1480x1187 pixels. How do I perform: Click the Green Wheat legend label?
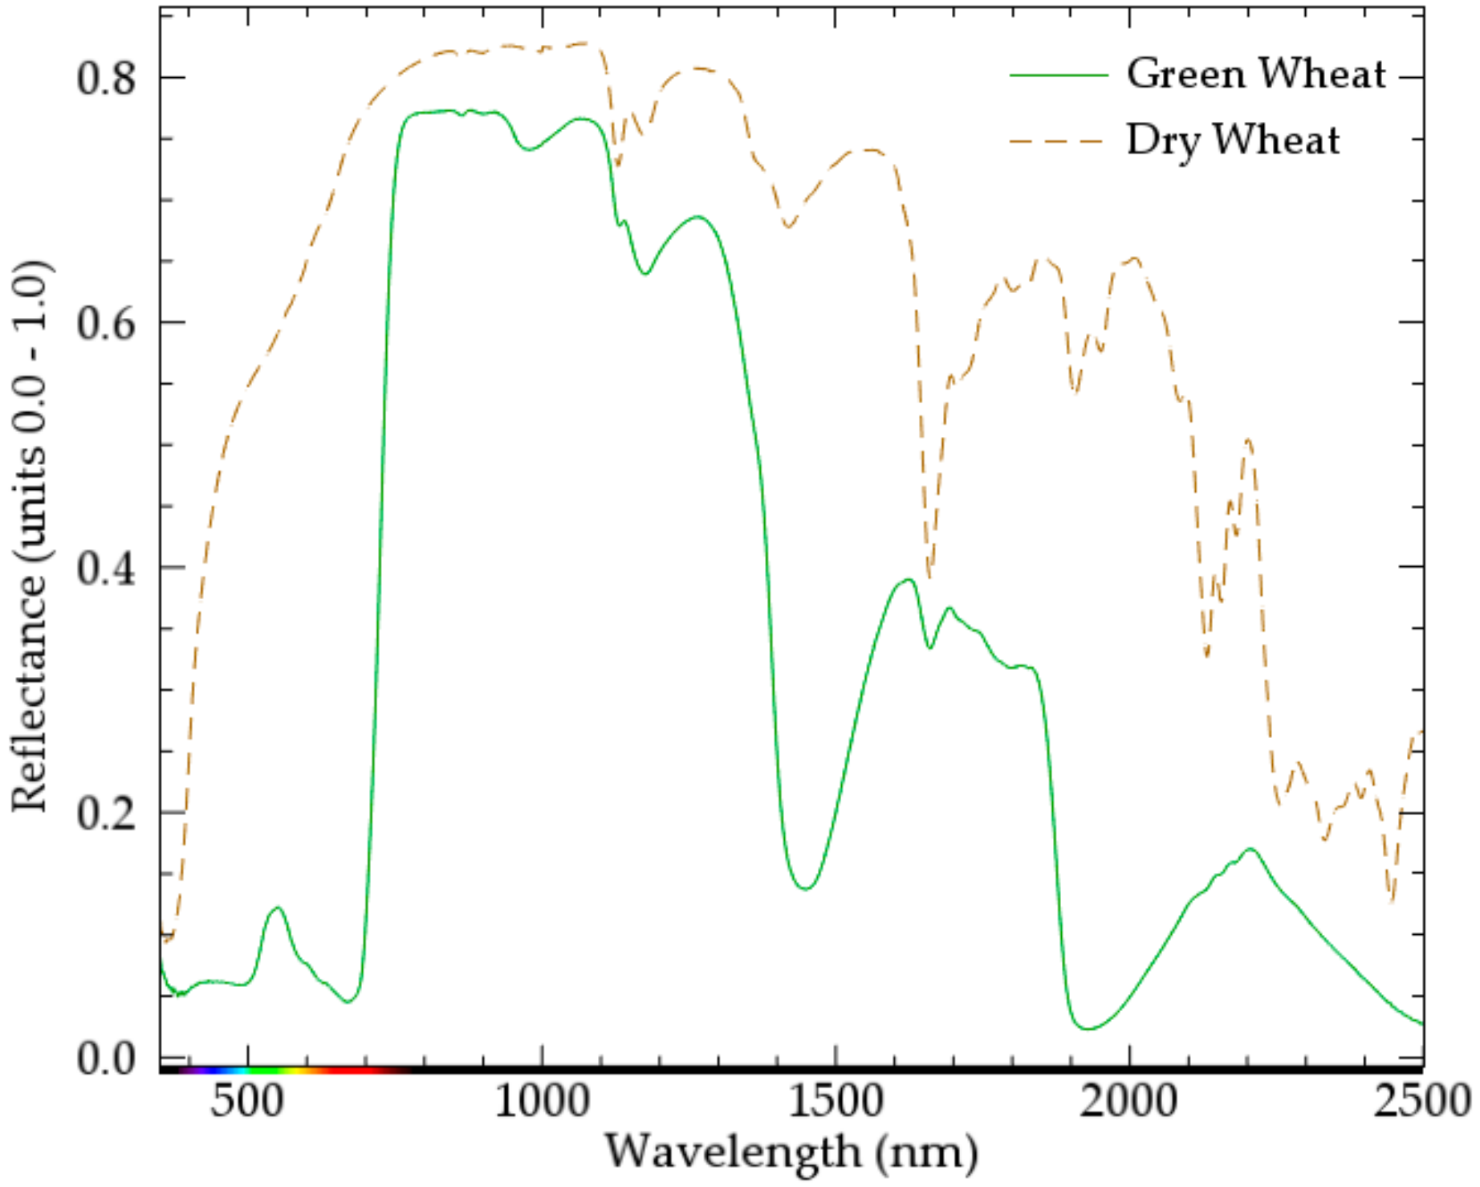(1255, 74)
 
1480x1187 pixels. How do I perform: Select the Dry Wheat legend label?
(1233, 141)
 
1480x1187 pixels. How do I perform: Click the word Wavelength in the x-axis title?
(733, 1152)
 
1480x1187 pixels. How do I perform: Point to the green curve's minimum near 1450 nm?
(807, 888)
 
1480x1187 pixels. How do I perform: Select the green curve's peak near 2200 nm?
(1250, 849)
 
